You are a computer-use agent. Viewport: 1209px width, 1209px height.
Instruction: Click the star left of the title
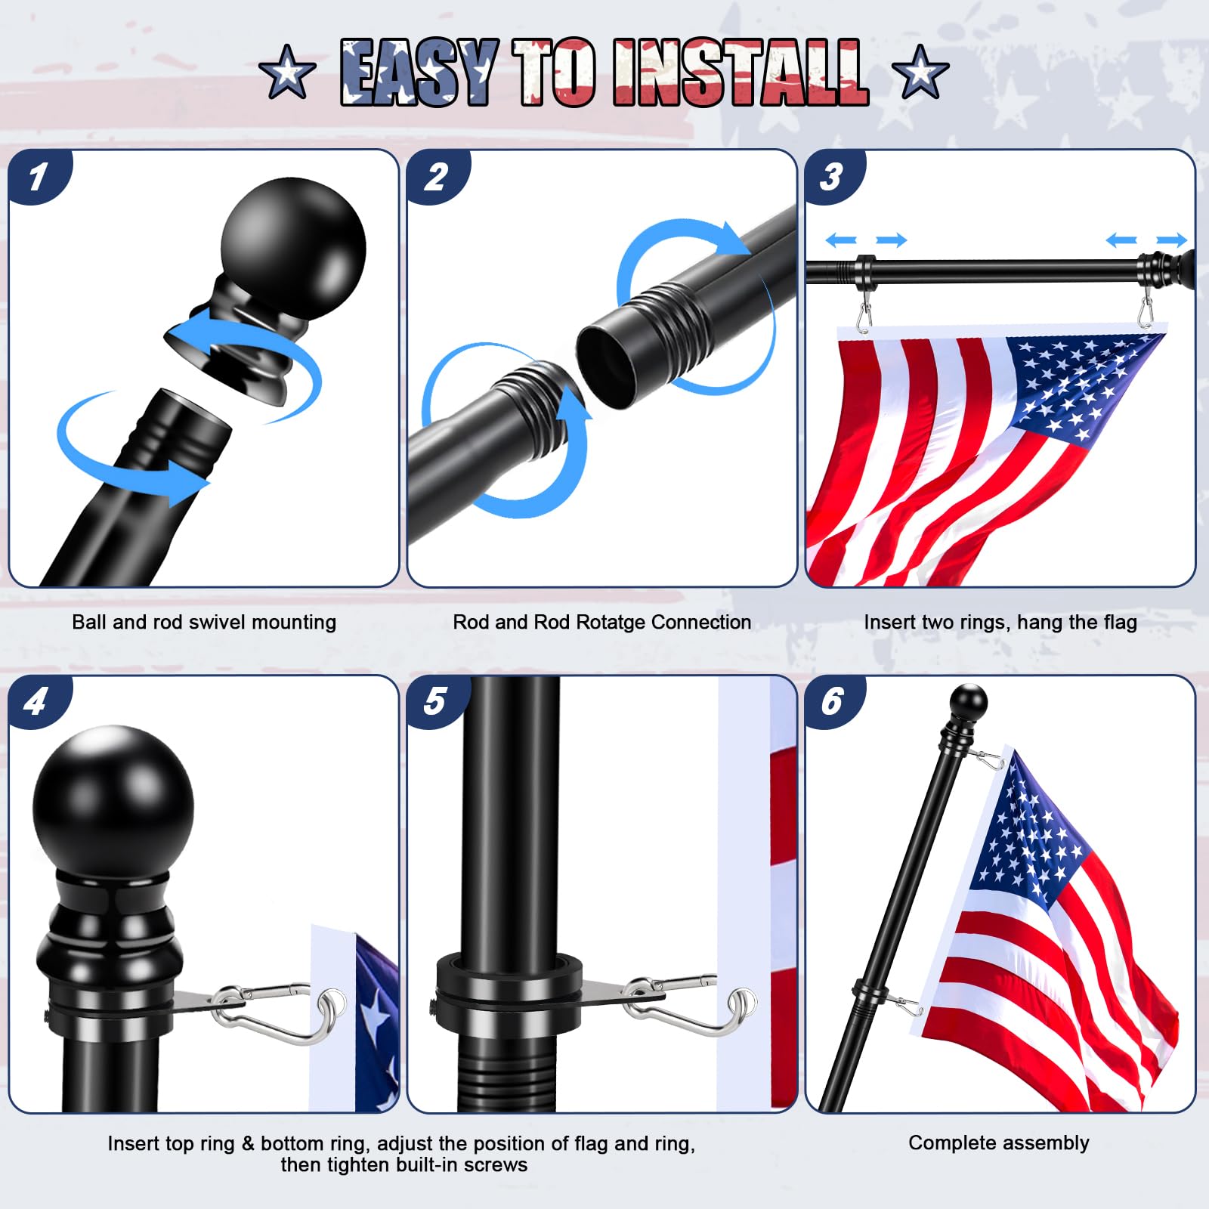[287, 72]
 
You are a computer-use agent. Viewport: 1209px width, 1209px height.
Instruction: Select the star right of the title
[920, 72]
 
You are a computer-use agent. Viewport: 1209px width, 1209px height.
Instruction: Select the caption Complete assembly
[999, 1143]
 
